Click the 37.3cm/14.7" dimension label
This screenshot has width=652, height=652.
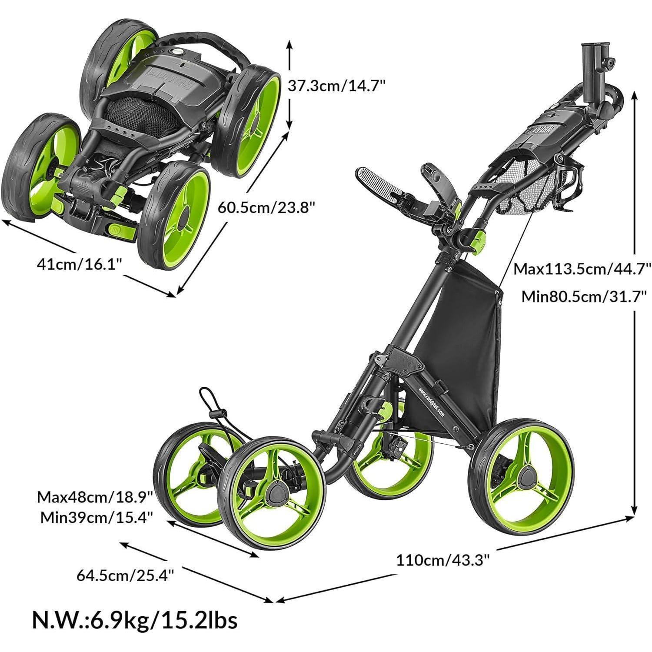tap(336, 86)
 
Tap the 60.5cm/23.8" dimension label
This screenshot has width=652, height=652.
tap(266, 207)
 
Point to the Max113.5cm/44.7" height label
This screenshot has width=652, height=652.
tap(582, 269)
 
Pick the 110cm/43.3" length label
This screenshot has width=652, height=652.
tap(442, 560)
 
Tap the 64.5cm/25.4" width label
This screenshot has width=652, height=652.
tap(126, 575)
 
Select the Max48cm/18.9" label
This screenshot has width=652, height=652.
tap(95, 496)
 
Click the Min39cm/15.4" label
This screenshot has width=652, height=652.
tap(96, 517)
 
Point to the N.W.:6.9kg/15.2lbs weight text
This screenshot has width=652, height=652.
tap(135, 620)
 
